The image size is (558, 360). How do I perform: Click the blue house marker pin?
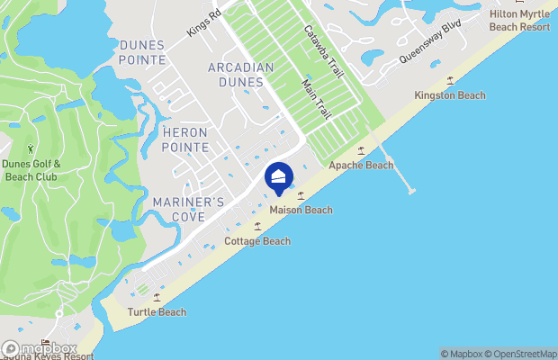tap(280, 177)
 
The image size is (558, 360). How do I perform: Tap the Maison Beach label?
tap(301, 211)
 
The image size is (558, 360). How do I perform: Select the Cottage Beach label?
tap(257, 241)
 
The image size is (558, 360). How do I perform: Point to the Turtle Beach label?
tap(157, 312)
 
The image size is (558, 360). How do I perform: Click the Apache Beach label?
tap(361, 166)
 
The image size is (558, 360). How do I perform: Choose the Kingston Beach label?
tap(449, 95)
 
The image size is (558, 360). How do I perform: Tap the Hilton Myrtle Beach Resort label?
tap(519, 21)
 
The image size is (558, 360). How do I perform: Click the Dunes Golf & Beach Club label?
tap(31, 169)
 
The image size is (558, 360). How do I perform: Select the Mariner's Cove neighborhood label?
tap(188, 210)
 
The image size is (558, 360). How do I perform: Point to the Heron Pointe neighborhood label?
tap(185, 139)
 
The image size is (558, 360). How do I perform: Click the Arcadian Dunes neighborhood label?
tap(235, 75)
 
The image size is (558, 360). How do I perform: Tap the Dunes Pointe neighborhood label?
tap(142, 53)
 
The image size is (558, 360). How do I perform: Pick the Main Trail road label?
tap(315, 100)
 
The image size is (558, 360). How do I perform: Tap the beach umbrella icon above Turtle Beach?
tap(157, 297)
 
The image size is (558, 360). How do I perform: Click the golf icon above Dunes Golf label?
tap(31, 148)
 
